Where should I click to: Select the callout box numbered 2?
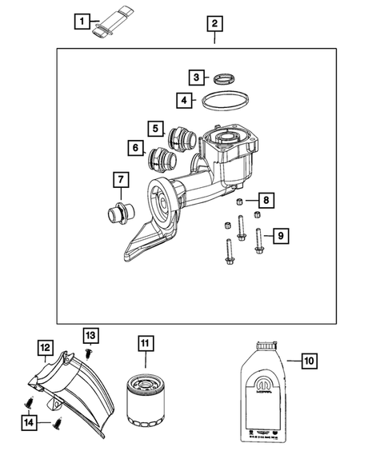pos(213,23)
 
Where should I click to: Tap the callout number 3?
pos(196,77)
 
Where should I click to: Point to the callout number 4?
pos(183,100)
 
